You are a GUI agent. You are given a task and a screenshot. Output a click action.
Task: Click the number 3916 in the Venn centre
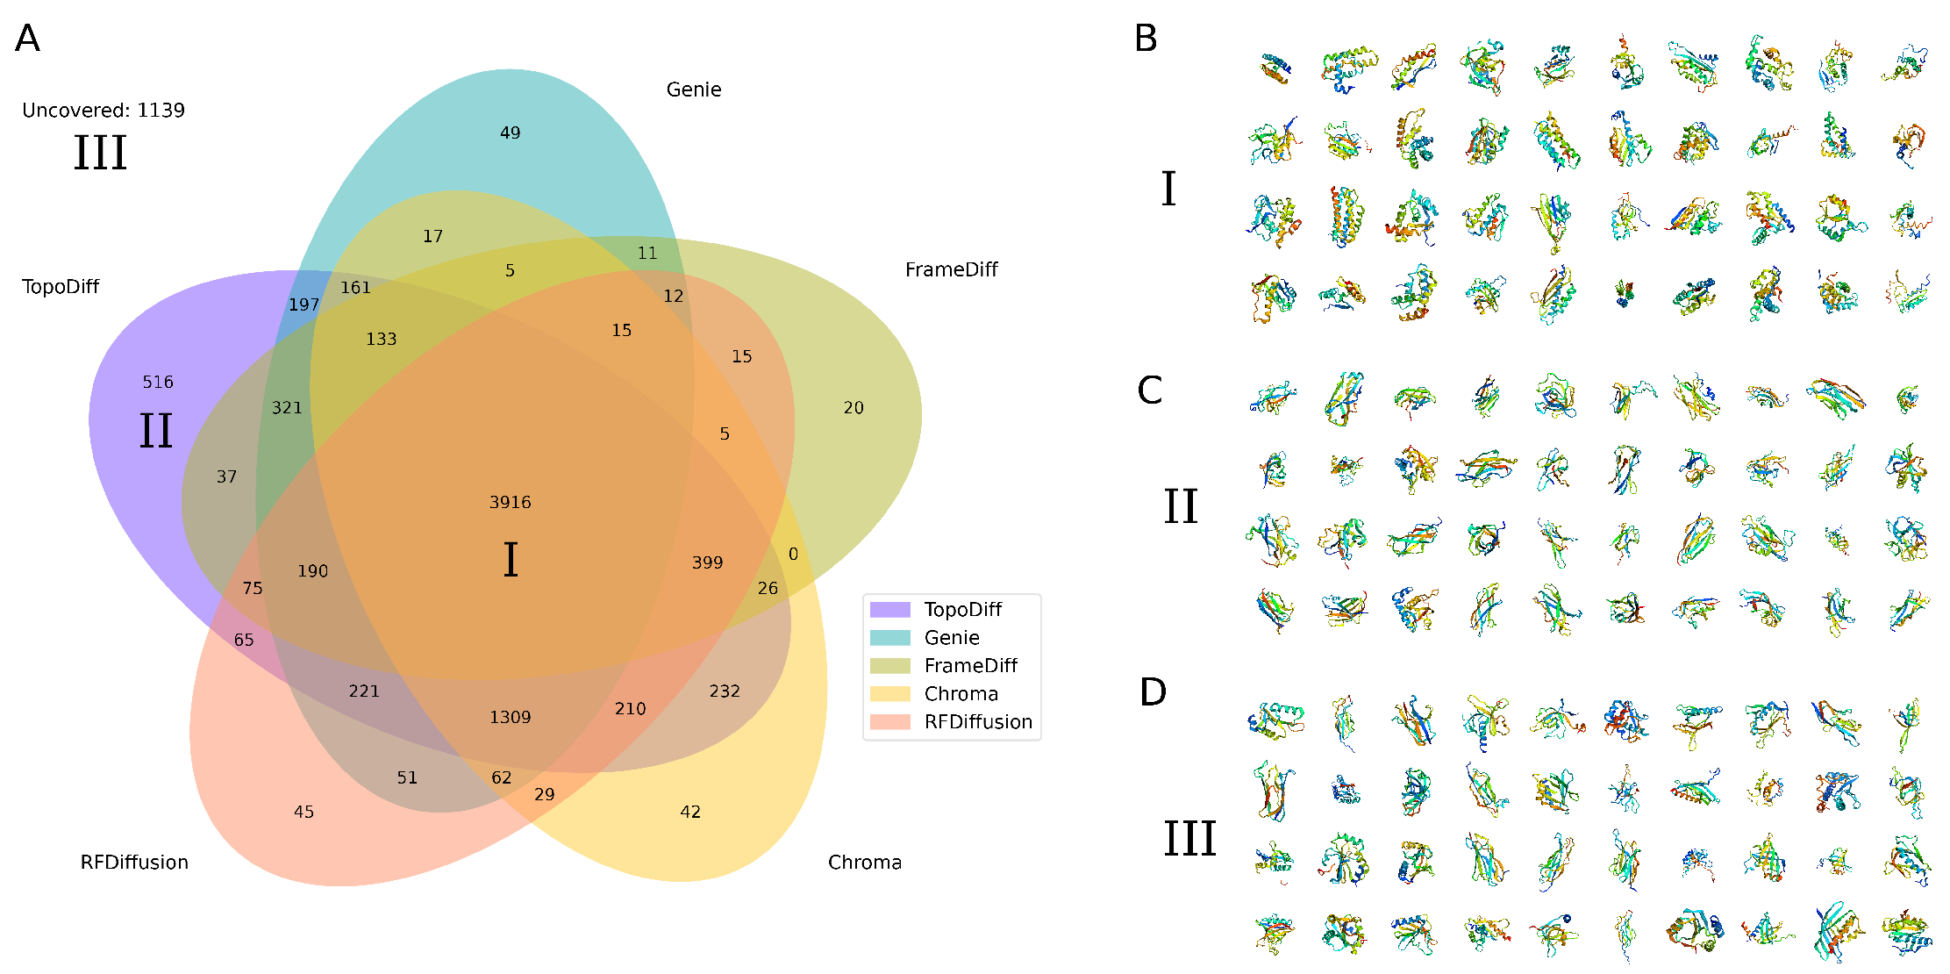point(510,502)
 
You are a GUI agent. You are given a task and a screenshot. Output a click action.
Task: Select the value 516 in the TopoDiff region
point(158,382)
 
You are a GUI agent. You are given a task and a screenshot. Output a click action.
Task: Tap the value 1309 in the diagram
point(510,717)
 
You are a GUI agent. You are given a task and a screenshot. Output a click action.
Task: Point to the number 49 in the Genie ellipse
point(510,132)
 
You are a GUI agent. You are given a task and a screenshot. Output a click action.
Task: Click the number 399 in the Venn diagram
point(707,562)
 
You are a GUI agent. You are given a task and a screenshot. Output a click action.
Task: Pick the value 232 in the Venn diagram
point(725,691)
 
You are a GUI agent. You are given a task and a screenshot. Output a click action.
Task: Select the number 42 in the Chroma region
point(690,812)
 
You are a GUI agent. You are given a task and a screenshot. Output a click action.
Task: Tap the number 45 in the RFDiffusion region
point(304,812)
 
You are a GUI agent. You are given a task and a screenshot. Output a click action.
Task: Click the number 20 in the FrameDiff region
point(854,408)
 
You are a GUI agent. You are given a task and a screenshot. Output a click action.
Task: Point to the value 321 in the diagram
point(287,408)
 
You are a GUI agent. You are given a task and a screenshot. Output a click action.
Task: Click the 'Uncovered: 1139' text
point(104,110)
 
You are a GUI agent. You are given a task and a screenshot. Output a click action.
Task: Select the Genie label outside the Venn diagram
point(694,90)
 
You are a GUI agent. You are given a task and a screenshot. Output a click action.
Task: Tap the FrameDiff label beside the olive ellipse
point(951,269)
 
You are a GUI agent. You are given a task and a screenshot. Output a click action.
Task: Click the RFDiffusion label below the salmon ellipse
point(134,863)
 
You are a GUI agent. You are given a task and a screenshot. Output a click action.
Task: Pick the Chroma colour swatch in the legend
point(889,694)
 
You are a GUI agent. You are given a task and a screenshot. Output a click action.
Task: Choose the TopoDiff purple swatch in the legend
point(889,610)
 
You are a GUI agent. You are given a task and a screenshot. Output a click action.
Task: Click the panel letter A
point(27,39)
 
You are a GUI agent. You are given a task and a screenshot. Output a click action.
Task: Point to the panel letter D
point(1153,692)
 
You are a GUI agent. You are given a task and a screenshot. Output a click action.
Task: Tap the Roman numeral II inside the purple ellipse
point(156,431)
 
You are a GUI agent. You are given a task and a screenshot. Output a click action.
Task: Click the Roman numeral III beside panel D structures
point(1189,838)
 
